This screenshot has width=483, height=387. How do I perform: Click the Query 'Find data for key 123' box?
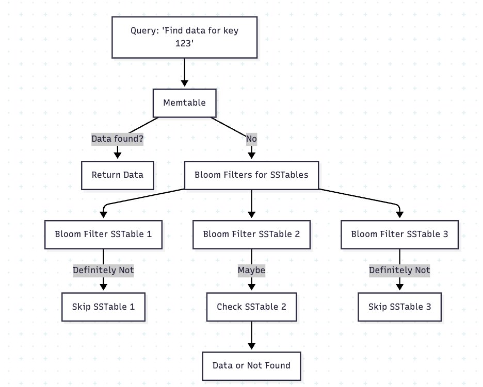[x=184, y=37]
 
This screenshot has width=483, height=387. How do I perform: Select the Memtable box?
[x=184, y=103]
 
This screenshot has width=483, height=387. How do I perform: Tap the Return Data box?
[x=118, y=175]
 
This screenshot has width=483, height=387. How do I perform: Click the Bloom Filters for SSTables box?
[x=251, y=175]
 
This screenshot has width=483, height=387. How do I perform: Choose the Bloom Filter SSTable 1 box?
[x=103, y=234]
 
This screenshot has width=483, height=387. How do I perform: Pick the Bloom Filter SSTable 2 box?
[x=251, y=234]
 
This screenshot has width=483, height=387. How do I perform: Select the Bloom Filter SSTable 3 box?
[x=399, y=234]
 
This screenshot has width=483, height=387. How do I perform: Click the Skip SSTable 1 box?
[x=103, y=307]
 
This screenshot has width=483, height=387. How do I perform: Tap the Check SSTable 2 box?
[x=251, y=307]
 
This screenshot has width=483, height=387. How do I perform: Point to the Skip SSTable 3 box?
[x=399, y=307]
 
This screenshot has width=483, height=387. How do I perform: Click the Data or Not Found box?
[x=251, y=365]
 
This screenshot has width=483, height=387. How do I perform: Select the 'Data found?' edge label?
[x=118, y=139]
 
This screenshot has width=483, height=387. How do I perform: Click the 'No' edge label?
[x=251, y=139]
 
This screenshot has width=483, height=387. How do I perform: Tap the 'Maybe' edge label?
[x=251, y=270]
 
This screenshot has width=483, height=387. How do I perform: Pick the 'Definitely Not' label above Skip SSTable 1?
[x=103, y=270]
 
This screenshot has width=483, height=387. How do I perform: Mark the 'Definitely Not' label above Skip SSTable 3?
[x=399, y=270]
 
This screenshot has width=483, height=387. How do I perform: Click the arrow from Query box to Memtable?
[x=184, y=72]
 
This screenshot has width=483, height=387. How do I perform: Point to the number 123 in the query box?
[x=184, y=44]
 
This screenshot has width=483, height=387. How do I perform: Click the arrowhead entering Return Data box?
[x=118, y=155]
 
